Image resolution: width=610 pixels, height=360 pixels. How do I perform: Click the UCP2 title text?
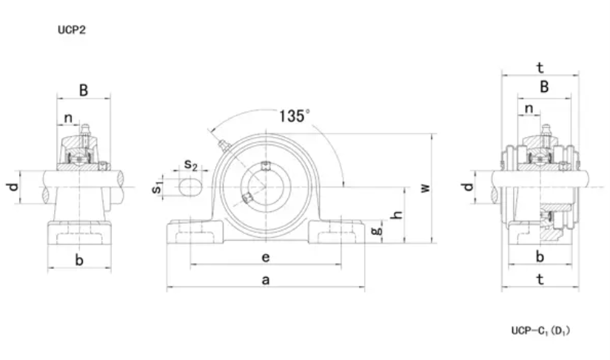(72, 30)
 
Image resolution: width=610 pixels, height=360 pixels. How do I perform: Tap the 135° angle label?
(295, 116)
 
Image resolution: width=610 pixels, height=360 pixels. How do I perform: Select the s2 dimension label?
(191, 164)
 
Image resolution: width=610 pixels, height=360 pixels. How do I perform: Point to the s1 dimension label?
(156, 187)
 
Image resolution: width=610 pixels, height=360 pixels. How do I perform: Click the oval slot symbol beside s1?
(190, 187)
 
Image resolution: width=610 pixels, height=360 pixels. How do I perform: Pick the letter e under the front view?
(266, 257)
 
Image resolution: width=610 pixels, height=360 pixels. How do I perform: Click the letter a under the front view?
(266, 280)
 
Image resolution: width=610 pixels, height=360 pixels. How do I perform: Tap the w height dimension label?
(426, 188)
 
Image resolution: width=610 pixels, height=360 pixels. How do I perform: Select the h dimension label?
(398, 214)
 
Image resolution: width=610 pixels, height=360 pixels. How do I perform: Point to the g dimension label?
(377, 231)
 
